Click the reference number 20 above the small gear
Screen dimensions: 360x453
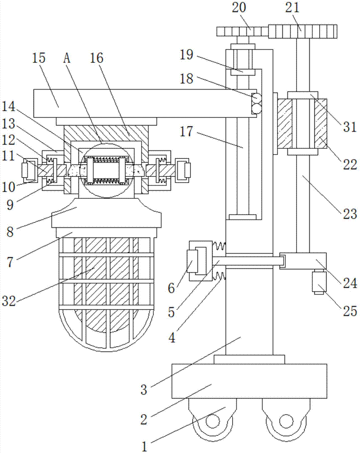(x=239, y=7)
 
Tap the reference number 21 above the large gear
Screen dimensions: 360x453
(x=292, y=7)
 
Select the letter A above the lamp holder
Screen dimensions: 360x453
(x=67, y=58)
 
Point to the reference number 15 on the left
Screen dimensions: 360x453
(x=39, y=58)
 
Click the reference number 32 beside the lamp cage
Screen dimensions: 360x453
(x=9, y=301)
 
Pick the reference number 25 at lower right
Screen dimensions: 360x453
(x=350, y=311)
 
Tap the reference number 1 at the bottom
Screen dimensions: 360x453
(x=144, y=447)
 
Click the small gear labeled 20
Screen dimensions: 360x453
(x=243, y=32)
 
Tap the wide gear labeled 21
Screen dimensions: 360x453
(x=303, y=32)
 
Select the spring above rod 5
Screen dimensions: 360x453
(x=219, y=246)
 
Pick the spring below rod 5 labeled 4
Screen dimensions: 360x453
(x=219, y=277)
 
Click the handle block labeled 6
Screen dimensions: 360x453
(x=193, y=261)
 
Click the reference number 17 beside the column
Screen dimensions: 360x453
(x=186, y=132)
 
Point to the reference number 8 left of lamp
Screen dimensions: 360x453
(x=10, y=231)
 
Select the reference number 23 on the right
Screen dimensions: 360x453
(x=350, y=214)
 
